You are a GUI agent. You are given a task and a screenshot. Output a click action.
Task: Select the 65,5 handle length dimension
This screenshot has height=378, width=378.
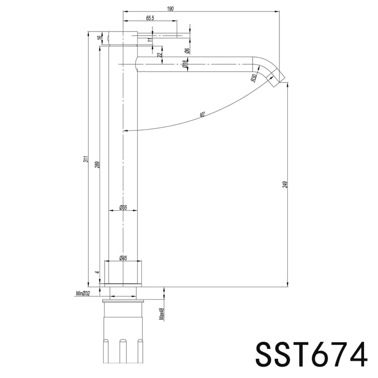pos(150,18)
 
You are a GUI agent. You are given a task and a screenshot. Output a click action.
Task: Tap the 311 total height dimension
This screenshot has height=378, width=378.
pos(86,159)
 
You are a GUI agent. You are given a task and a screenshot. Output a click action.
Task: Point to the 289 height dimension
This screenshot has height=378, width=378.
pos(97,164)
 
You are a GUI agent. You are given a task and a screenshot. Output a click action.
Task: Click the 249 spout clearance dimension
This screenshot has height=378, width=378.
pos(285,184)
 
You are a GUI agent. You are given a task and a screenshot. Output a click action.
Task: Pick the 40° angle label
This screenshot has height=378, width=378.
pos(202,115)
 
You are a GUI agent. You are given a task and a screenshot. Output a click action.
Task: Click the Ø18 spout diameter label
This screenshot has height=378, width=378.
pos(185,65)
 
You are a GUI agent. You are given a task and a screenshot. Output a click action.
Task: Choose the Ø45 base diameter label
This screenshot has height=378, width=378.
pos(123,258)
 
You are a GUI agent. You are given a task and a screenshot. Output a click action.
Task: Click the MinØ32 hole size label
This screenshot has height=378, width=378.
pos(83,294)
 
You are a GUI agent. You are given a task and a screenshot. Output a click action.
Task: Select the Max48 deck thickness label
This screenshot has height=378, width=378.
pos(162,314)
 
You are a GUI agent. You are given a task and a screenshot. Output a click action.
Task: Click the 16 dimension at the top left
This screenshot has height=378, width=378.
pos(99,38)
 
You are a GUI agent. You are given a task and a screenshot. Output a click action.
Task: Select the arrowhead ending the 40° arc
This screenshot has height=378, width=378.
pos(126,130)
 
